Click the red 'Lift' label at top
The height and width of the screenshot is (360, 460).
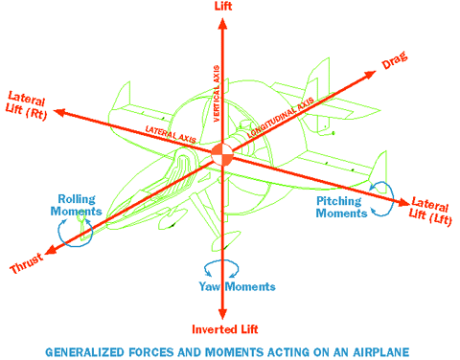[x=222, y=6]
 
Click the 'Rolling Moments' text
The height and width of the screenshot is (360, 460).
[x=77, y=205]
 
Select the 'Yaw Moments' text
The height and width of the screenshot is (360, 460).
[x=237, y=286]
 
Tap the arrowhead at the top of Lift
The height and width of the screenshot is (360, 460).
[x=222, y=19]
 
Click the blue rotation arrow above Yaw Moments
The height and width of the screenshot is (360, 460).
[x=219, y=267]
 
